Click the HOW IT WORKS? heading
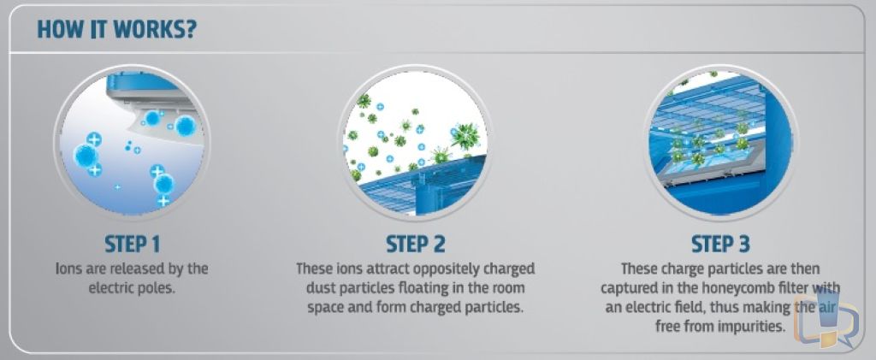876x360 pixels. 116,30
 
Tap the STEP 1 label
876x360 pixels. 133,244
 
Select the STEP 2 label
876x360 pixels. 416,244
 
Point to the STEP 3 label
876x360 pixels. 720,244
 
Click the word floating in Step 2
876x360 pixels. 408,288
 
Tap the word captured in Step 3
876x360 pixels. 628,288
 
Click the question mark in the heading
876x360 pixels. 190,30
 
